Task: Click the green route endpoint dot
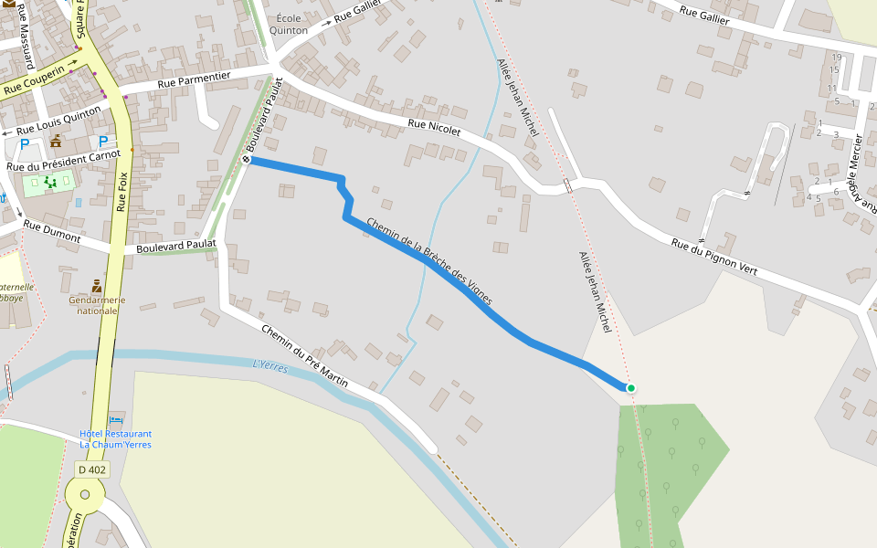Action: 630,388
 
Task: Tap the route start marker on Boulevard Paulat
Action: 246,160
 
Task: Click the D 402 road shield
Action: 92,469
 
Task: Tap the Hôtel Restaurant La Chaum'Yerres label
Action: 115,439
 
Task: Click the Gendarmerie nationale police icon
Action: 97,287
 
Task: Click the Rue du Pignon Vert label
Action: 714,257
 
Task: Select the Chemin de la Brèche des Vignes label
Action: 429,261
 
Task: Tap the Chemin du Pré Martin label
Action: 304,355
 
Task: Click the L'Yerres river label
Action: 270,368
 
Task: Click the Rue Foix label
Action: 122,192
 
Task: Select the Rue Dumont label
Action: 52,232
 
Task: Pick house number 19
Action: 836,58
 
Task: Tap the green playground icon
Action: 50,183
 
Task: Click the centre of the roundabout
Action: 85,494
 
